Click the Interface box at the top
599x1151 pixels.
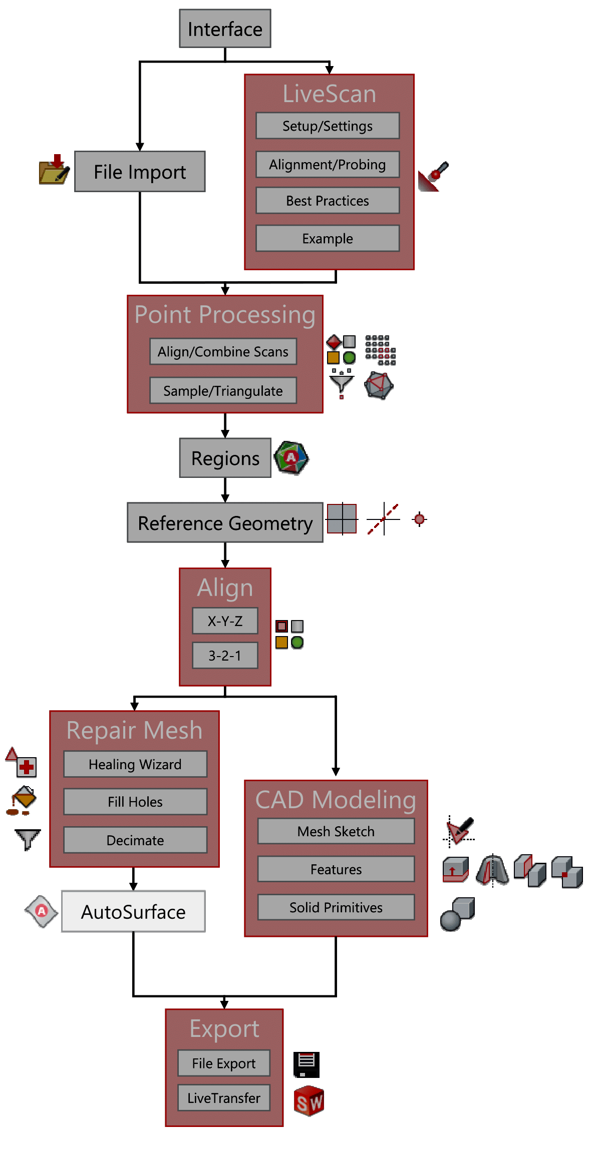coord(225,29)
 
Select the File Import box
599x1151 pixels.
coord(140,172)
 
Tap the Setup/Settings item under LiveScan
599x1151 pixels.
coord(328,126)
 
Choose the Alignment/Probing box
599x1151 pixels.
coord(328,164)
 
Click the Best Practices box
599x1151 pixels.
coord(328,200)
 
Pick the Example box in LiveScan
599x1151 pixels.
coord(328,238)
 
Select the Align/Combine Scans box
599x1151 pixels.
coord(223,351)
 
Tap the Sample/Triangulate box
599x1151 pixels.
coord(223,390)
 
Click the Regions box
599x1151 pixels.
coord(225,458)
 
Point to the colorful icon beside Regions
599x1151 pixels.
coord(291,457)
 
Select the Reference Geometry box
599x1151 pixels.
coord(225,522)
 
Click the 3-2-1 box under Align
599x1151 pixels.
coord(225,655)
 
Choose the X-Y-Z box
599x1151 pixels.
coord(225,621)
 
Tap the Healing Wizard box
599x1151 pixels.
coord(135,764)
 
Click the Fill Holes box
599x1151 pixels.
coord(135,802)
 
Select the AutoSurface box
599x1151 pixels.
coord(133,911)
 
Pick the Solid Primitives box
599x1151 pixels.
coord(336,907)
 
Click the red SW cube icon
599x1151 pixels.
coord(309,1101)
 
